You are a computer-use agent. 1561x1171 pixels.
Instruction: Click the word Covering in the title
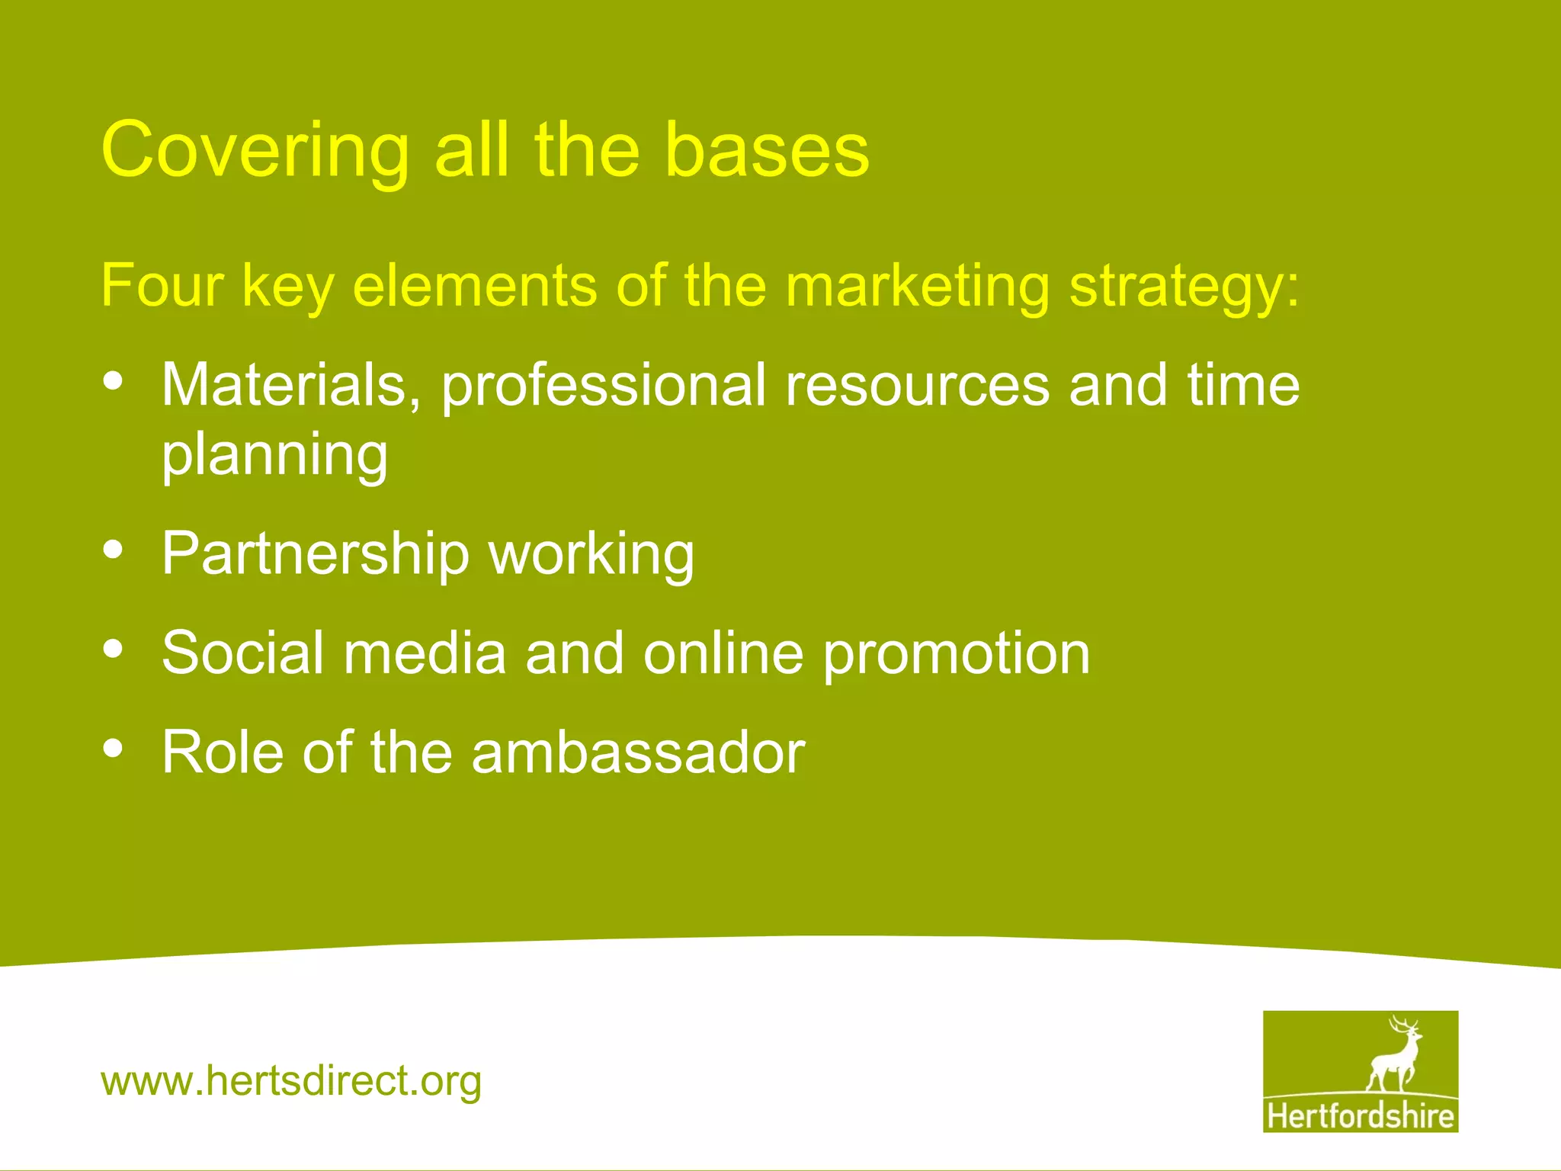click(x=255, y=151)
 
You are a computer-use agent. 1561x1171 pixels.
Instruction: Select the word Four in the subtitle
click(x=162, y=285)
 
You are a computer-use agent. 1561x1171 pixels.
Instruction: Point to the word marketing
click(x=918, y=287)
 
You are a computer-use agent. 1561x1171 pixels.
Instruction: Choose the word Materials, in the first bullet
click(x=290, y=385)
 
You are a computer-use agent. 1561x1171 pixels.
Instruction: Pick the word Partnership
click(x=315, y=553)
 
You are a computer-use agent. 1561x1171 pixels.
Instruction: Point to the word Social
click(x=243, y=653)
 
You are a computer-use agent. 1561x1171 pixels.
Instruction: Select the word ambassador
click(x=638, y=752)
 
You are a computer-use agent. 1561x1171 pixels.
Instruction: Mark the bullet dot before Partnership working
click(x=113, y=550)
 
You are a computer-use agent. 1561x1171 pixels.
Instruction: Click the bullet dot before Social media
click(x=113, y=649)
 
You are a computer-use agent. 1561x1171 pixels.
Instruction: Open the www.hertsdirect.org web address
click(x=291, y=1081)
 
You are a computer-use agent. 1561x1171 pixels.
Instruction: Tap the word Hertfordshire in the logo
click(x=1361, y=1116)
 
